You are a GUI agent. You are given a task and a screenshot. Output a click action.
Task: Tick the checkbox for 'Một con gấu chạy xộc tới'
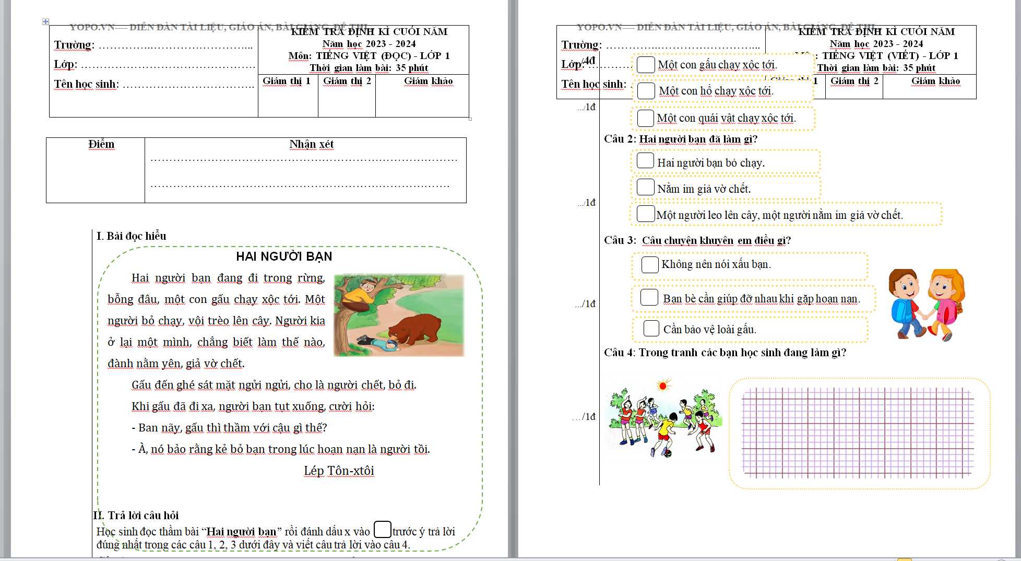(646, 65)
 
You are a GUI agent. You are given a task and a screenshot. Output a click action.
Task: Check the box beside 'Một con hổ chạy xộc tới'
(646, 91)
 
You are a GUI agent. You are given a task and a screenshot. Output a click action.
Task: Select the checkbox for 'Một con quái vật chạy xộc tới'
(646, 118)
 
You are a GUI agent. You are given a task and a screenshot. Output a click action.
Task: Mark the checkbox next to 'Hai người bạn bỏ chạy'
(646, 161)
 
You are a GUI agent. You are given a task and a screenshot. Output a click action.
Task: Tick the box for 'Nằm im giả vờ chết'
(646, 187)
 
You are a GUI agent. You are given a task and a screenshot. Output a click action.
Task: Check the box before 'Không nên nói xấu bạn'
(650, 264)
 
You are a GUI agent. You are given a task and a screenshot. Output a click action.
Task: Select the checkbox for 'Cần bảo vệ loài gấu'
(651, 329)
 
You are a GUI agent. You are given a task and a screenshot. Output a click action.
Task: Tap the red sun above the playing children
(663, 386)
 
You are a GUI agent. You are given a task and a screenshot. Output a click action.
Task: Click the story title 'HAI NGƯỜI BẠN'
(284, 256)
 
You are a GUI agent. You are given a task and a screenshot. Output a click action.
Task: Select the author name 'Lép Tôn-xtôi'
(339, 471)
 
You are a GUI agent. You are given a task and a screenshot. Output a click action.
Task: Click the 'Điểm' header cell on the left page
(101, 144)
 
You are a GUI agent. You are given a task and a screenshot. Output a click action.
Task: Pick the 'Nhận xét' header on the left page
(312, 144)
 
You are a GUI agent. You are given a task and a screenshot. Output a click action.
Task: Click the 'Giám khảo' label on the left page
(428, 81)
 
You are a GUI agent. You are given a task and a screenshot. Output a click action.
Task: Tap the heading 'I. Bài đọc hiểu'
(132, 236)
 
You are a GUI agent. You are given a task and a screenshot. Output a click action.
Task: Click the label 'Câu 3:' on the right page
(620, 240)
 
